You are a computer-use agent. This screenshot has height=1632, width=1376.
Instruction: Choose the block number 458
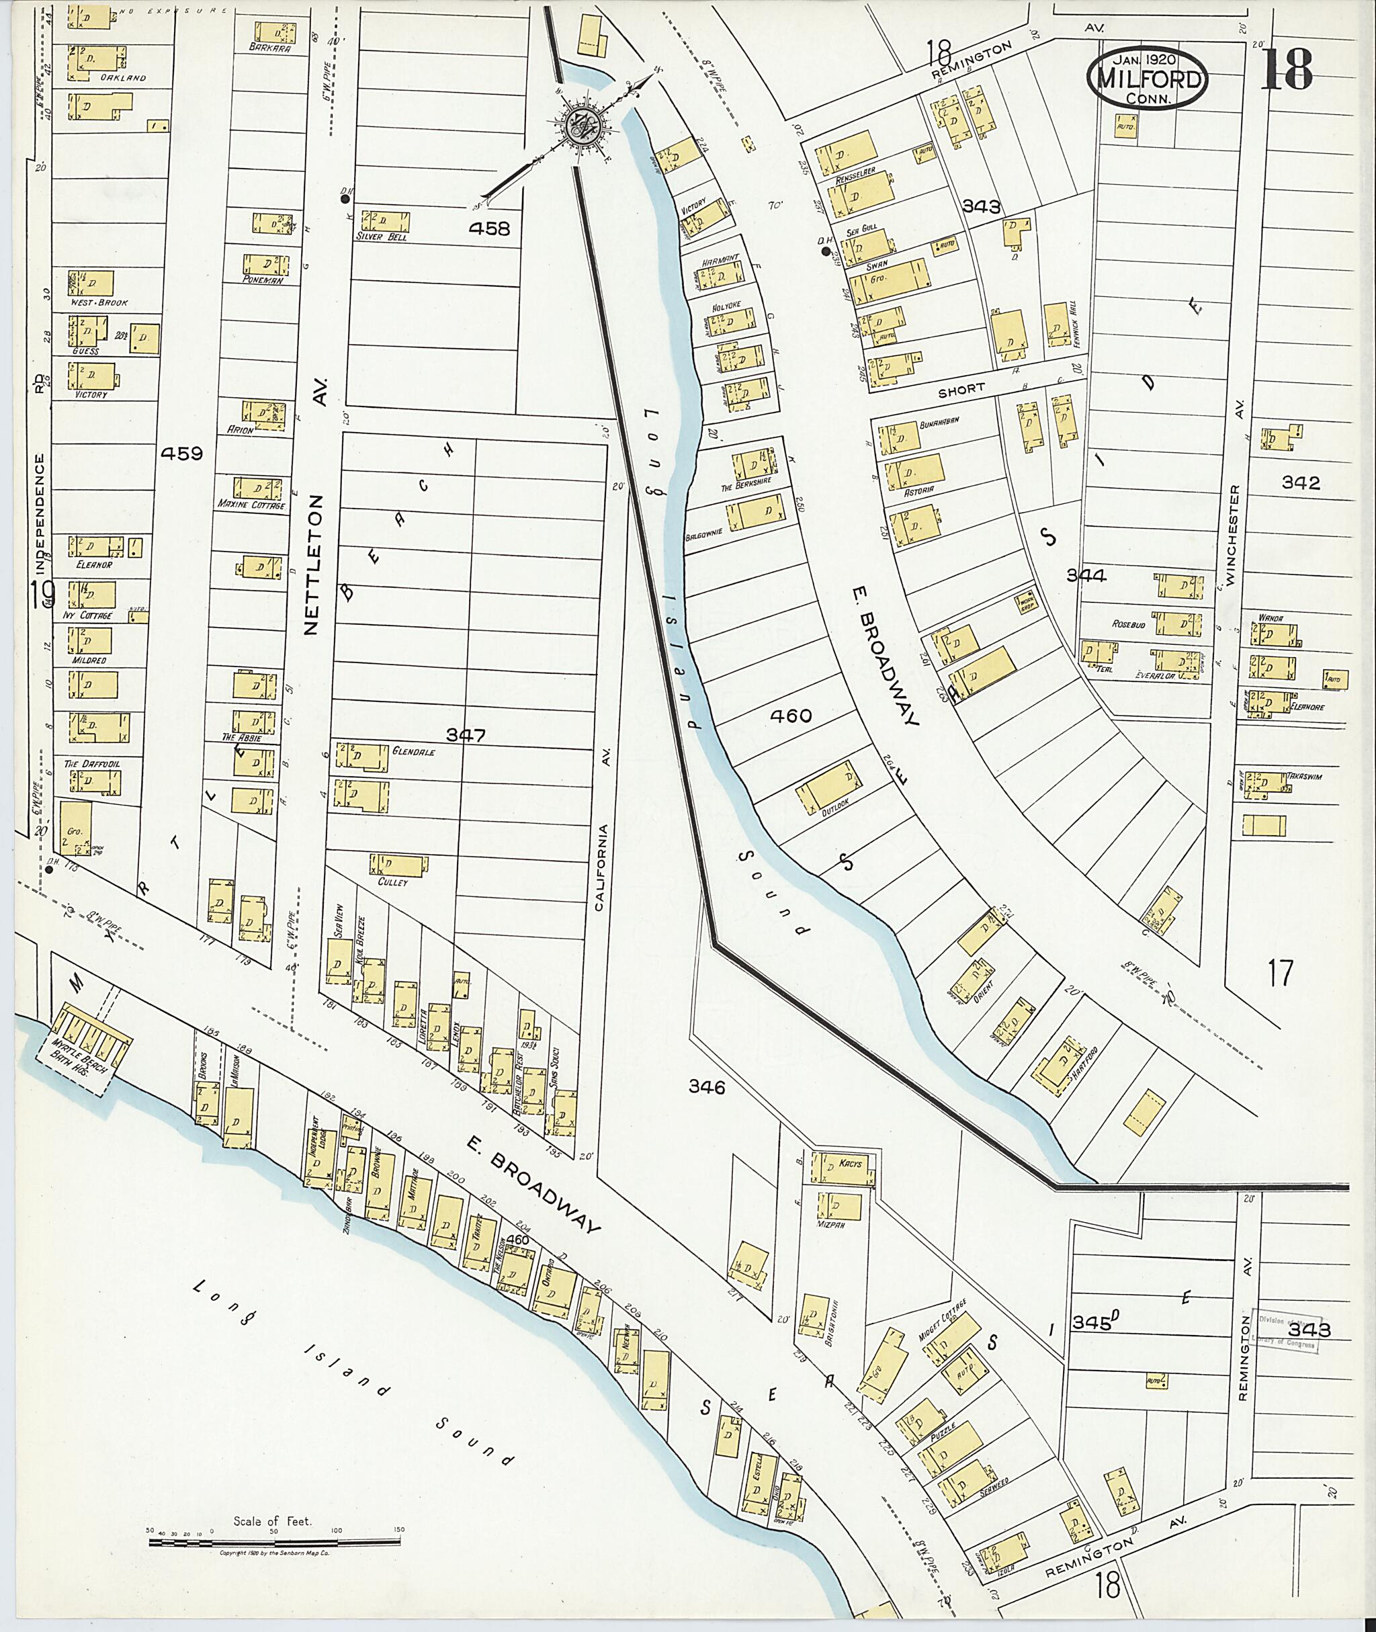pos(489,228)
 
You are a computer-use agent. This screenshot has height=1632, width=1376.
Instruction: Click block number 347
pos(466,735)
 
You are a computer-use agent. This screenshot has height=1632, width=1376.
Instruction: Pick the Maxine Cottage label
pos(251,505)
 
